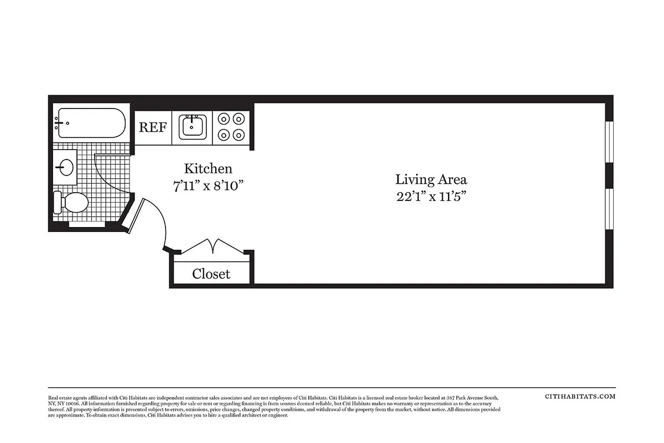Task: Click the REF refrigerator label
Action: (152, 127)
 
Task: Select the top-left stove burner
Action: (224, 119)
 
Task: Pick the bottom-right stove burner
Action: (239, 135)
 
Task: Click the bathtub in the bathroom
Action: (91, 123)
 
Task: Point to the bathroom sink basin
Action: (66, 167)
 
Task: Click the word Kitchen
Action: (208, 168)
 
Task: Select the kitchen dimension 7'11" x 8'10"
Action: (208, 186)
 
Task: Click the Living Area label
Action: (430, 179)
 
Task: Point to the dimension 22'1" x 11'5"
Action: (430, 197)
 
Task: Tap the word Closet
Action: (211, 274)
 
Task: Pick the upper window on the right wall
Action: (609, 142)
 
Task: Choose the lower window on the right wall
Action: (609, 209)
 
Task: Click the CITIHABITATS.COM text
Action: (580, 396)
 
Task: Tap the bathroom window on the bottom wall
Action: (89, 224)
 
